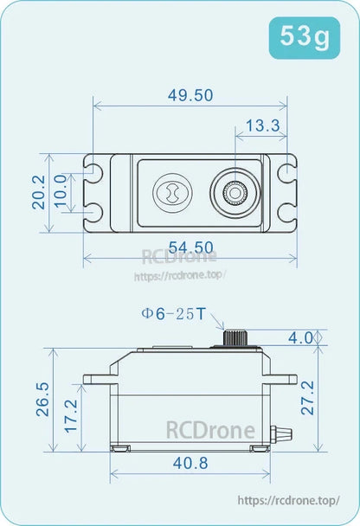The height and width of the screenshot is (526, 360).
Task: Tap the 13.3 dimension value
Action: [262, 125]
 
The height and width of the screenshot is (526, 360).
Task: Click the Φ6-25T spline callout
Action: [173, 314]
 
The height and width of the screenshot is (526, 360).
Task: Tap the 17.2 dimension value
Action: [72, 416]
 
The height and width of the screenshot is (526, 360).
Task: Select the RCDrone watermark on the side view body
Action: [211, 430]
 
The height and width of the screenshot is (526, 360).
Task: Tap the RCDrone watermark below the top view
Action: [179, 257]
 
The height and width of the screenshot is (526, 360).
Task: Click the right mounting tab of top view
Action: [284, 192]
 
